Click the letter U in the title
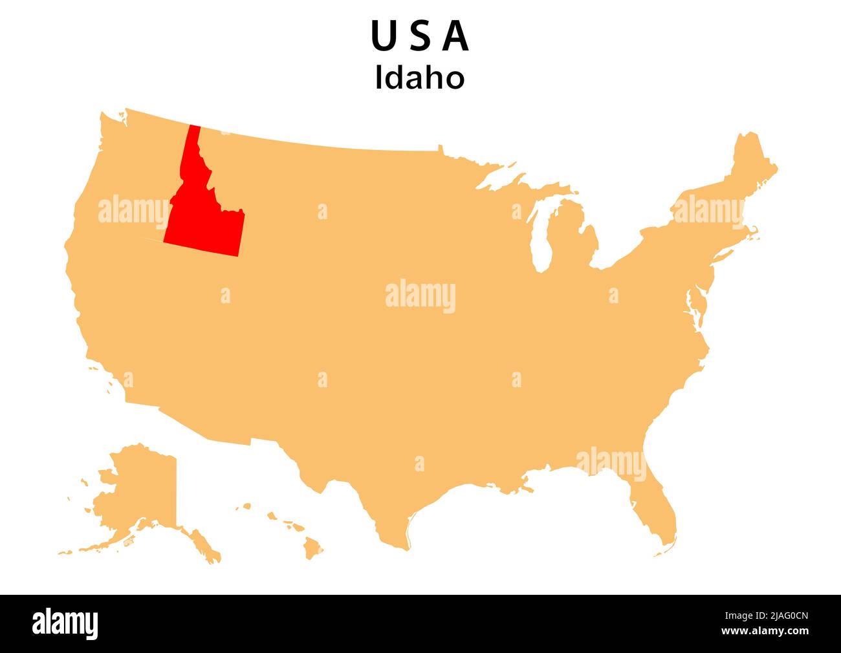pos(383,37)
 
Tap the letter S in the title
pos(420,37)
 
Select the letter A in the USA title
pos(456,37)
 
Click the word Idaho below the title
pos(420,78)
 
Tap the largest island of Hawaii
pos(312,549)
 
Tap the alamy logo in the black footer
pos(65,624)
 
